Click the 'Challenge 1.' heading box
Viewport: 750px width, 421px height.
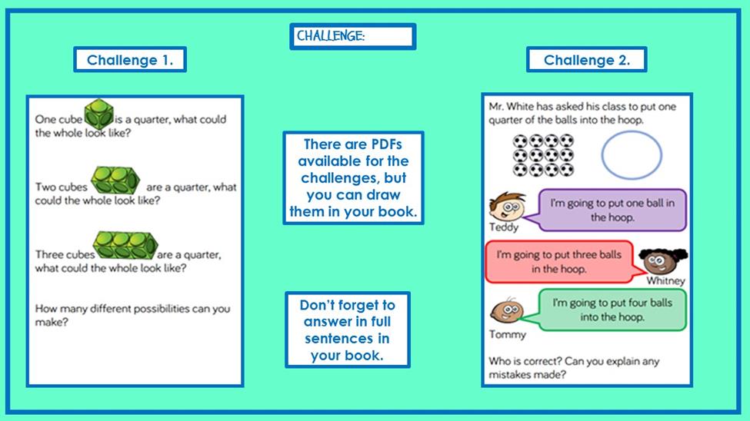pos(130,60)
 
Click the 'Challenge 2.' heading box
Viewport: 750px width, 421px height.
pos(586,60)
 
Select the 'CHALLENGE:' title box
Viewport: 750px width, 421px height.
pos(352,36)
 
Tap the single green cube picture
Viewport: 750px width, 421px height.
pos(99,114)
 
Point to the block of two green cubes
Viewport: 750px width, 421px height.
pos(115,181)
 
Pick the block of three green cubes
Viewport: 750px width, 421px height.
pos(125,245)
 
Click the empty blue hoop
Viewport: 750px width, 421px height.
pos(632,132)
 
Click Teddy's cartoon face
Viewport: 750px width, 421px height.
pos(507,206)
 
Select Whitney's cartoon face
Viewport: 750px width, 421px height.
pos(663,261)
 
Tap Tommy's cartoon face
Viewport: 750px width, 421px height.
pos(507,310)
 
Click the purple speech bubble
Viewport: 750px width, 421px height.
pos(609,210)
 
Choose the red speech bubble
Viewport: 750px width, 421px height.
pos(562,262)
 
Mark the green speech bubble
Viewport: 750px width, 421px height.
pos(609,310)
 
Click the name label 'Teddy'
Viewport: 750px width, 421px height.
pos(504,227)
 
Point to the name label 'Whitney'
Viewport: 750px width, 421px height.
pos(666,280)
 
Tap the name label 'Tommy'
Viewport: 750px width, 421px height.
pos(507,334)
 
